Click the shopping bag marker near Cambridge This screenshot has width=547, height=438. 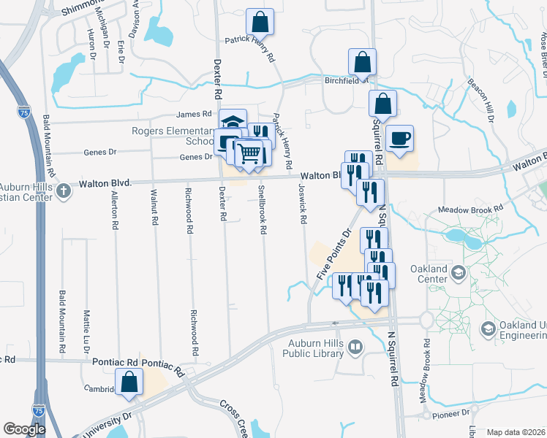coord(129,382)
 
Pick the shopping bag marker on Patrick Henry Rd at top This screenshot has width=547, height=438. coord(260,22)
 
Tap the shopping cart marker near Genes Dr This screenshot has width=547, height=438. coord(250,153)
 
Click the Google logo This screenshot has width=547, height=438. coord(24,429)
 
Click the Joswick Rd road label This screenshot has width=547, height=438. coord(301,202)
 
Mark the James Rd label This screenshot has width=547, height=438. coord(194,114)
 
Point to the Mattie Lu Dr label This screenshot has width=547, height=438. coord(86,328)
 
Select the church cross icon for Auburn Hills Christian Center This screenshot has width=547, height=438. coord(64,191)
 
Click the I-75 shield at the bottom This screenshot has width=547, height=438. coord(38,411)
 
